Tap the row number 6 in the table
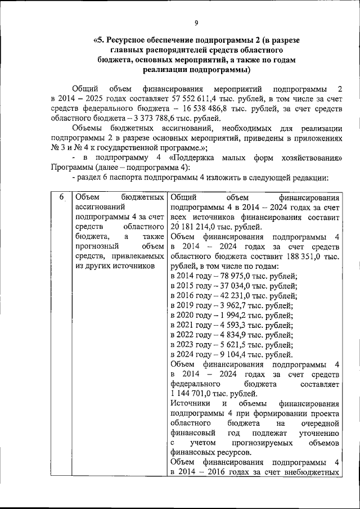coord(61,197)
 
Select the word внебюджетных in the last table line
coord(312,473)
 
